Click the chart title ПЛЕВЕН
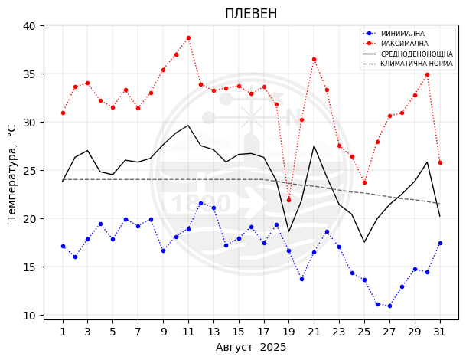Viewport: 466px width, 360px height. [251, 14]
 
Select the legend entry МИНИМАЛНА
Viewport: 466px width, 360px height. [402, 34]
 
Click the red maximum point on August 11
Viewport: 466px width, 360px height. [188, 38]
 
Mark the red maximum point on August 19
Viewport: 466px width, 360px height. [288, 200]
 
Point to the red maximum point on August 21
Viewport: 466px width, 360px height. [314, 59]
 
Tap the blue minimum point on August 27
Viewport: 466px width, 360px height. [389, 306]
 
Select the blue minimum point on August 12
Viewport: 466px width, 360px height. [200, 203]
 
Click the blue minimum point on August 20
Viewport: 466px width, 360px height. [301, 279]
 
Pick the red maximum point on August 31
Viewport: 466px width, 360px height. [440, 162]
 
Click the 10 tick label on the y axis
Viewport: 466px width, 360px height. [29, 316]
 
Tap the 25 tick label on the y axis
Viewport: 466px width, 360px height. [29, 171]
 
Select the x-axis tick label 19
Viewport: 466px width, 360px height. [288, 332]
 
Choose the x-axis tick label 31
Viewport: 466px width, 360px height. [440, 332]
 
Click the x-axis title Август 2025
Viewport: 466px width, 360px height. [251, 348]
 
